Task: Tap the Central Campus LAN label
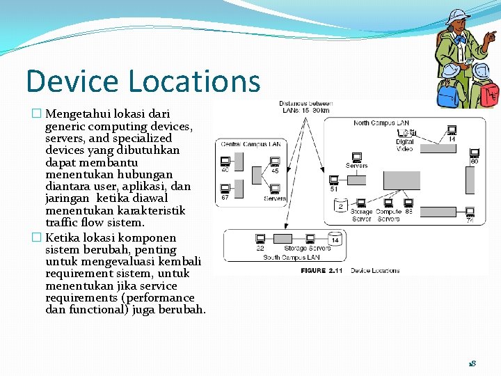250,144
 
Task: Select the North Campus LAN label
381,123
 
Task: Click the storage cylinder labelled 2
341,205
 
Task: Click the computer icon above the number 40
225,160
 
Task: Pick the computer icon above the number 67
225,188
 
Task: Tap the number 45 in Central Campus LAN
275,171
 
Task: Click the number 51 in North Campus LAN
334,189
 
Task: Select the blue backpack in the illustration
450,91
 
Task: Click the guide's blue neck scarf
460,39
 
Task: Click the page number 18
472,363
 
